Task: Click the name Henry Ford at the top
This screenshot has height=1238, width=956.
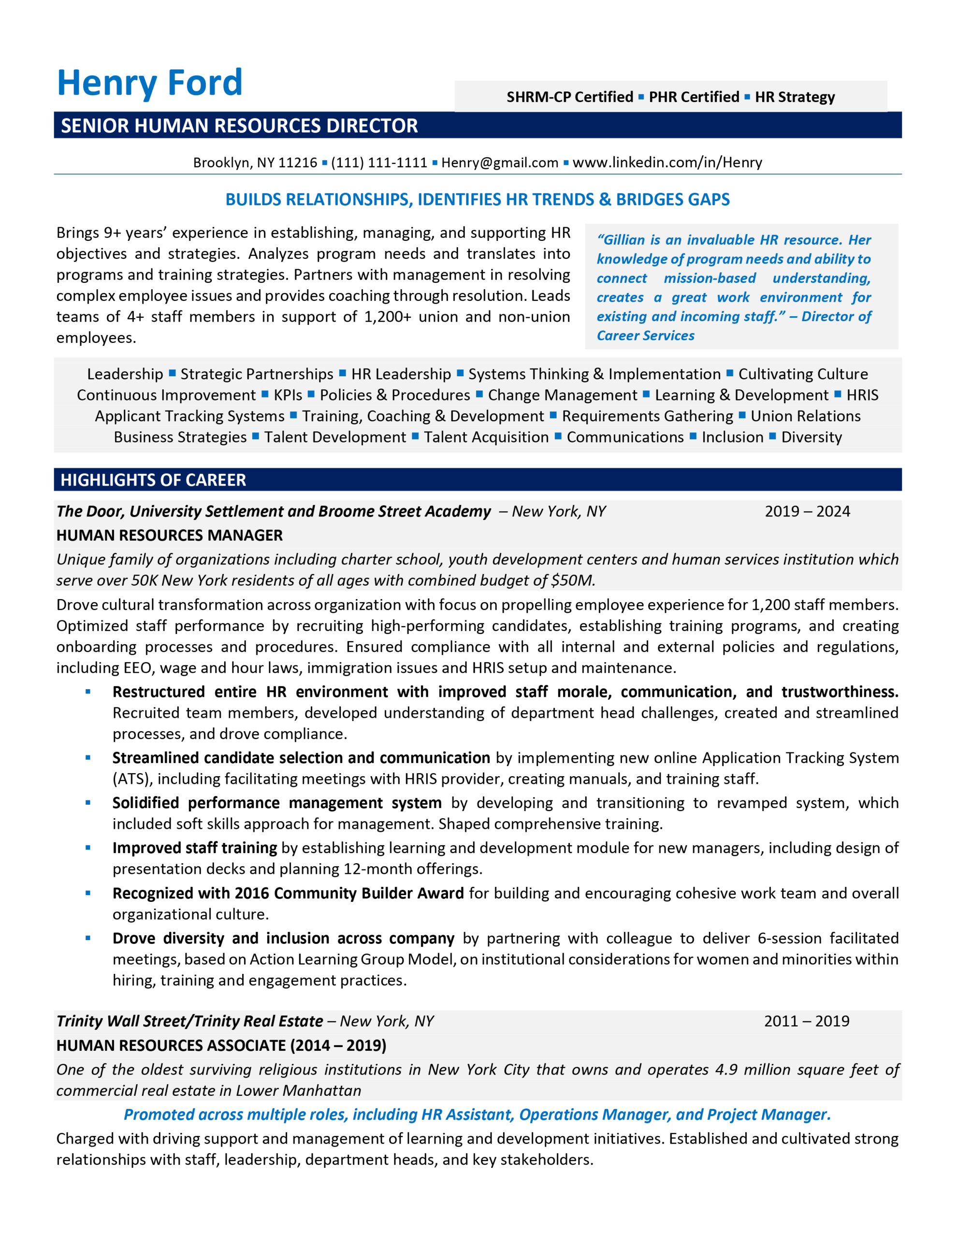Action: click(x=150, y=83)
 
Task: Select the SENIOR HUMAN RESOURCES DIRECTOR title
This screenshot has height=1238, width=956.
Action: click(x=239, y=125)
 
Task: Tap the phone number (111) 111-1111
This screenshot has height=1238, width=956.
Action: click(x=378, y=162)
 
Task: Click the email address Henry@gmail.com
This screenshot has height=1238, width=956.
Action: click(x=499, y=162)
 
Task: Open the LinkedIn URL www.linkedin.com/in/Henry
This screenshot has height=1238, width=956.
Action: click(x=666, y=162)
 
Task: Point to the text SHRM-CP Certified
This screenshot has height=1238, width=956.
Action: click(x=569, y=97)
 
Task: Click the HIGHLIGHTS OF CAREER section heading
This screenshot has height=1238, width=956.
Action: click(x=153, y=480)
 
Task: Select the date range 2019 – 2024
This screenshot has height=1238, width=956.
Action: click(x=807, y=511)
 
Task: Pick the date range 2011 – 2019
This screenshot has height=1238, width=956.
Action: click(x=806, y=1021)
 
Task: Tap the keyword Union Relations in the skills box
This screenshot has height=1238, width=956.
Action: click(x=805, y=416)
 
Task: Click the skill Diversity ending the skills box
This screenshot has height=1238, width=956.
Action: click(x=811, y=437)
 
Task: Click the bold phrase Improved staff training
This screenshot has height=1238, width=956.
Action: click(x=194, y=848)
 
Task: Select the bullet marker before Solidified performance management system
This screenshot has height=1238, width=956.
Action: click(x=88, y=803)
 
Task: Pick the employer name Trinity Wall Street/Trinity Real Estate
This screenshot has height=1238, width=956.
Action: click(x=189, y=1021)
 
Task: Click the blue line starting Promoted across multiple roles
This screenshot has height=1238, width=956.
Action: click(x=477, y=1114)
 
